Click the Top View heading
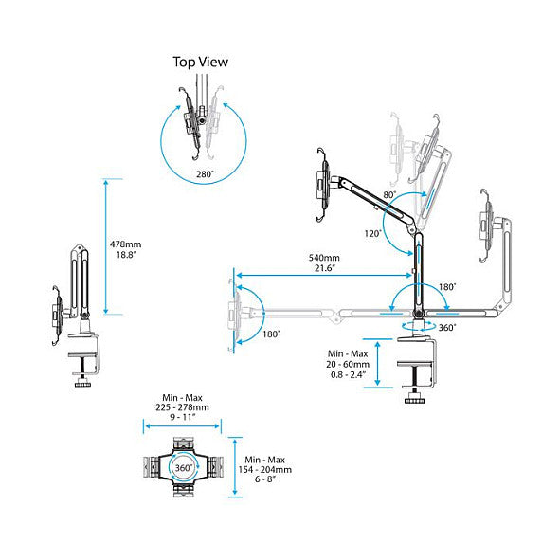click(200, 63)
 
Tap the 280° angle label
click(205, 174)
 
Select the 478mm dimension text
click(125, 244)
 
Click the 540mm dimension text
click(324, 258)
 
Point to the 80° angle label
click(389, 194)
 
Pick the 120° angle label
click(372, 234)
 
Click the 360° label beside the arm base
click(447, 328)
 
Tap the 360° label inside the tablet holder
click(184, 467)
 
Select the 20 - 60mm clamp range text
click(348, 364)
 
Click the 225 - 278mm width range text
click(182, 407)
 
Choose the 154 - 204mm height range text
click(265, 469)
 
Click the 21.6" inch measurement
click(325, 268)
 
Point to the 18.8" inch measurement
click(126, 255)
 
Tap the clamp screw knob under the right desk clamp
click(415, 401)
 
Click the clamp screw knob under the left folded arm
click(82, 385)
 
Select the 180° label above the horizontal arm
click(447, 287)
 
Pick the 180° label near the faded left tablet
click(271, 334)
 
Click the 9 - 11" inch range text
click(182, 417)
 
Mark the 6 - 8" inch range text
click(265, 479)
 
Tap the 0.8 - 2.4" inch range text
click(348, 374)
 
